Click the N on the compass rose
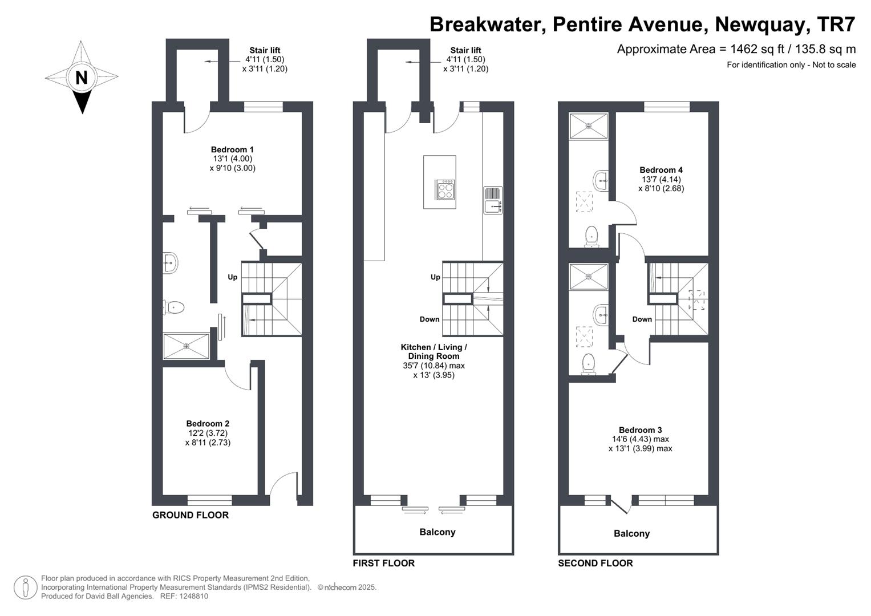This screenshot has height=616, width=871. (81, 78)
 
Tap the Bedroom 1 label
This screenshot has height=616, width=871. (232, 149)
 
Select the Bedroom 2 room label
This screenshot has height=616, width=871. (208, 423)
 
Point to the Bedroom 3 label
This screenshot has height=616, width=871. (641, 429)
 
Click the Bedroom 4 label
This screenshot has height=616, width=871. (661, 170)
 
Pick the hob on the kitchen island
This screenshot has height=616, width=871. (445, 190)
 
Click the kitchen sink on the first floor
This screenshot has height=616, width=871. (493, 200)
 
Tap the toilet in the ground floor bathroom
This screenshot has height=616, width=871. (173, 307)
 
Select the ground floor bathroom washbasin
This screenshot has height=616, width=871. (171, 263)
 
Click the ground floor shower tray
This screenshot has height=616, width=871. (187, 346)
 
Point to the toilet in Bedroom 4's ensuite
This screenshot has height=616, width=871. (592, 237)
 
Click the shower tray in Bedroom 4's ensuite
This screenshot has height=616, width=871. (589, 125)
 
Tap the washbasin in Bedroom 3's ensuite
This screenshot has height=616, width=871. (601, 315)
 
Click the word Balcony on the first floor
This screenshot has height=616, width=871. (437, 532)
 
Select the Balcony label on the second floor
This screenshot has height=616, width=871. (631, 533)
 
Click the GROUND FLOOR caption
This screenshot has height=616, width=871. (191, 515)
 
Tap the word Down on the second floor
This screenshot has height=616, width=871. (642, 319)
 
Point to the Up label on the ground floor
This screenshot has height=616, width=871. (233, 277)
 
